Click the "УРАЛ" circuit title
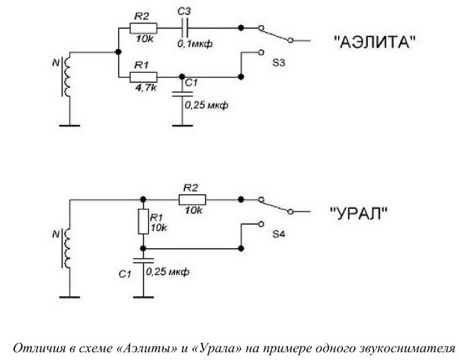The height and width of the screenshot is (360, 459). pos(360,213)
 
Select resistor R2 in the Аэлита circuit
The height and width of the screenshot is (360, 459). pos(143,28)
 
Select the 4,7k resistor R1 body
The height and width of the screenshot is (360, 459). pos(143,77)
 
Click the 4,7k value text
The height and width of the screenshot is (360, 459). pos(142,89)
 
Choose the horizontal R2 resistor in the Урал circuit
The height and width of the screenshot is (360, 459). pos(192,199)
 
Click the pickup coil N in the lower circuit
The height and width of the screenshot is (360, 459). pos(68,248)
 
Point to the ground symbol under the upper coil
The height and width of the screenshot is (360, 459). pos(68,124)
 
